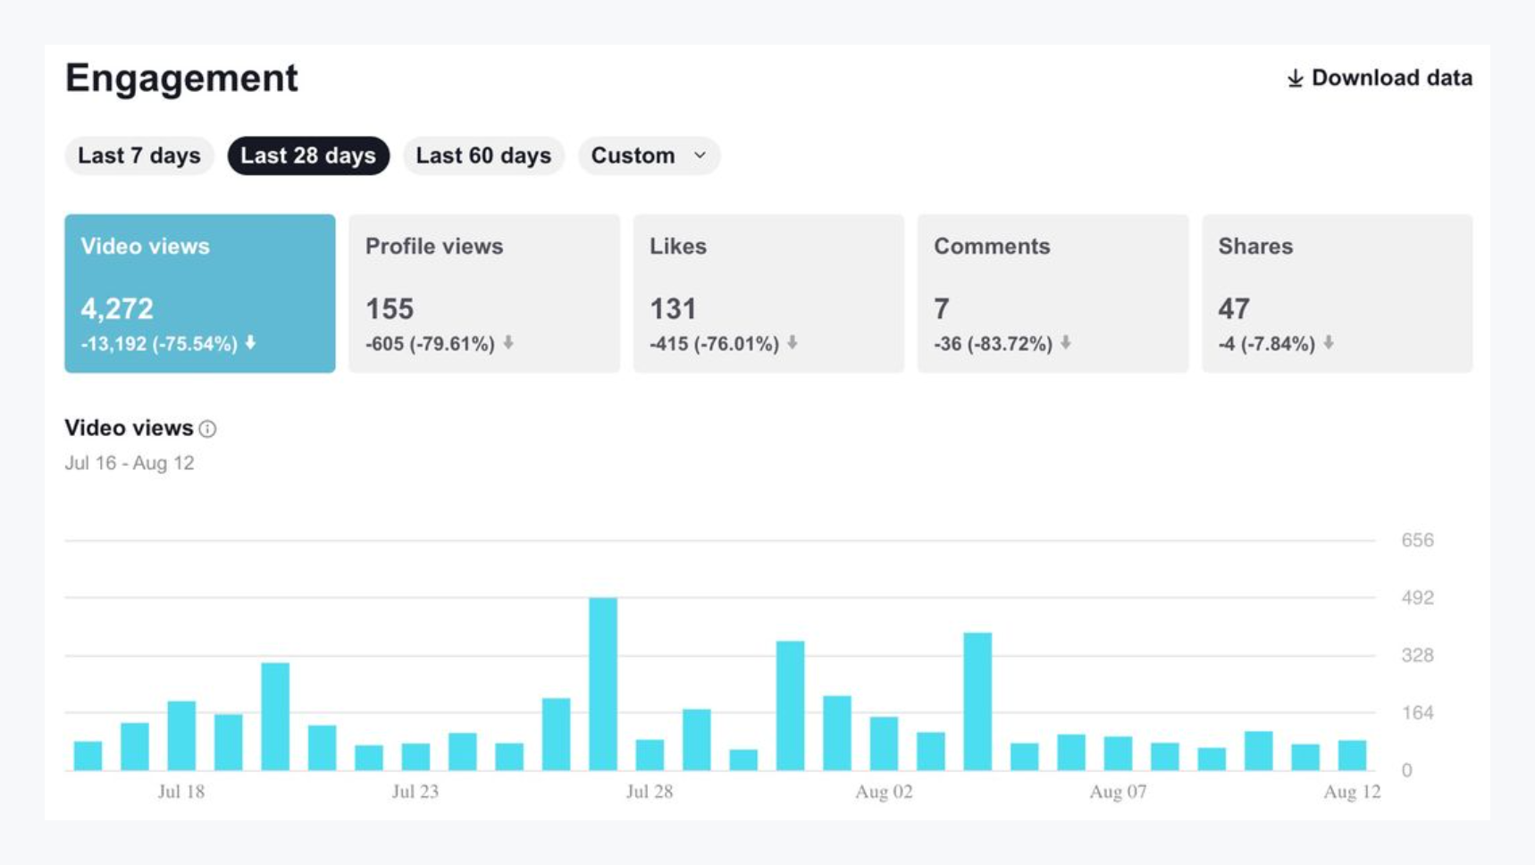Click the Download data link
pyautogui.click(x=1380, y=79)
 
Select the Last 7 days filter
pyautogui.click(x=138, y=155)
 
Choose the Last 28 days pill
pyautogui.click(x=308, y=155)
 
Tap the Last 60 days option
pyautogui.click(x=483, y=155)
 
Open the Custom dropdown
pyautogui.click(x=649, y=155)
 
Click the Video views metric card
pyautogui.click(x=199, y=293)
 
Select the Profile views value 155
pyautogui.click(x=390, y=309)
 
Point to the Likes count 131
pyautogui.click(x=673, y=309)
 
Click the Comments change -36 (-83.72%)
pyautogui.click(x=993, y=344)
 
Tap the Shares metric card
pyautogui.click(x=1337, y=293)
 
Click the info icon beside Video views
pyautogui.click(x=208, y=429)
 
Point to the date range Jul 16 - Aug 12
pyautogui.click(x=130, y=463)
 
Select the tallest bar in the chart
pyautogui.click(x=603, y=684)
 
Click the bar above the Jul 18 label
pyautogui.click(x=181, y=735)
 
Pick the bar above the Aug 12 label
pyautogui.click(x=1352, y=755)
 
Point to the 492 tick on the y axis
pyautogui.click(x=1417, y=598)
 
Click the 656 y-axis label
pyautogui.click(x=1417, y=541)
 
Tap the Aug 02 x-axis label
pyautogui.click(x=884, y=792)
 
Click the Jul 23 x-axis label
pyautogui.click(x=415, y=792)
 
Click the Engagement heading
pyautogui.click(x=181, y=79)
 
